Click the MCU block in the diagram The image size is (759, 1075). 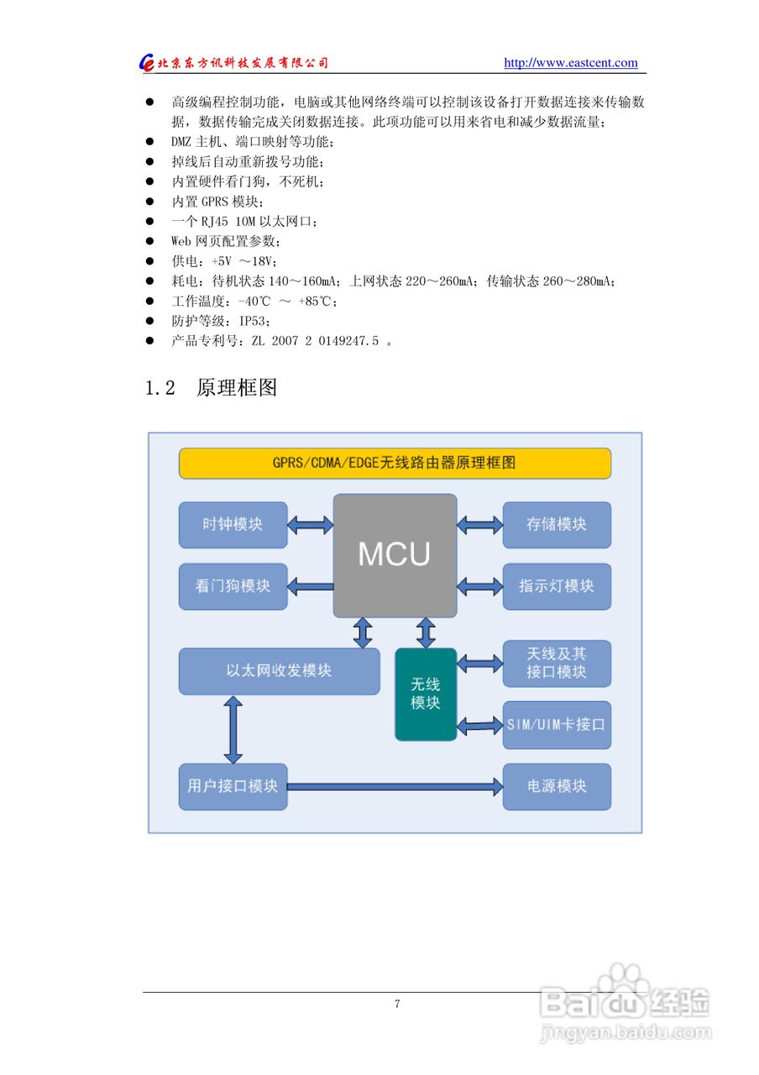click(x=395, y=555)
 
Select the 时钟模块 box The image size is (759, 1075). click(x=233, y=525)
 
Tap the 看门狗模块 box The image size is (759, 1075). click(x=233, y=586)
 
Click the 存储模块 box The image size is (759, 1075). click(x=557, y=525)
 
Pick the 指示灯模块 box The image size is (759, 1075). click(x=557, y=586)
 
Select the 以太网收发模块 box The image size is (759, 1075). click(x=279, y=671)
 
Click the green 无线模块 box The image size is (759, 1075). click(x=426, y=694)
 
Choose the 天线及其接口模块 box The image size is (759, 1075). click(x=557, y=663)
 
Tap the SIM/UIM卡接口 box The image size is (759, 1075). click(x=557, y=724)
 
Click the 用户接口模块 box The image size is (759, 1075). click(x=233, y=786)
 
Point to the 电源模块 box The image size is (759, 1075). click(x=557, y=786)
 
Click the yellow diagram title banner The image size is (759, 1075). click(x=395, y=463)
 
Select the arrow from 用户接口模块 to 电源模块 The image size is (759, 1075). click(x=395, y=787)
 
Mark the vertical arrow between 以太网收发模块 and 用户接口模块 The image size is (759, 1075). click(x=233, y=729)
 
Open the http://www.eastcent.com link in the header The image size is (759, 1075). click(x=570, y=63)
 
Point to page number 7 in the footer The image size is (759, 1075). click(x=397, y=1004)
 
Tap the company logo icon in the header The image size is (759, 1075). click(x=148, y=63)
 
